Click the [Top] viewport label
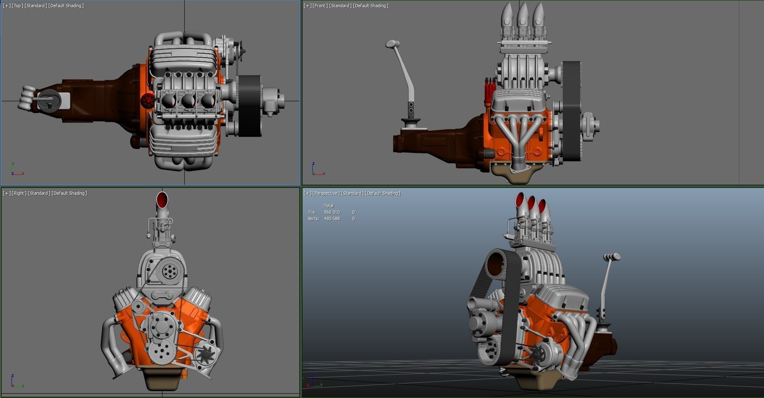coord(18,6)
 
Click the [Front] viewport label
coord(320,6)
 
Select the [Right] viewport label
coord(19,193)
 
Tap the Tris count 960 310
coord(332,212)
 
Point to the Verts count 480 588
coord(332,219)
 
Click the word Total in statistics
coord(329,206)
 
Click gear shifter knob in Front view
coord(392,43)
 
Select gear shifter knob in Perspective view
coord(612,256)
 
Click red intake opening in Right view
coord(162,198)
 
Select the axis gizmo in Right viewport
coord(15,381)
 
